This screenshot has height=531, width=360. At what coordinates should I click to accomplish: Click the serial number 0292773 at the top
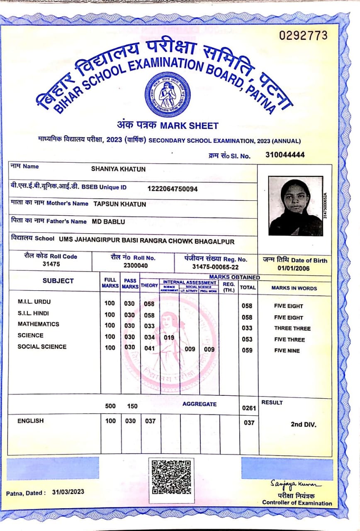tap(303, 36)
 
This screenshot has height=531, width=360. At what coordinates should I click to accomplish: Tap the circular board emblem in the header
tap(168, 95)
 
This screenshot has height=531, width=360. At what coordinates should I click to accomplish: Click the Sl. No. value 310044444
tap(285, 155)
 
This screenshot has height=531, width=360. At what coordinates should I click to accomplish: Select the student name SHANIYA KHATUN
tap(118, 169)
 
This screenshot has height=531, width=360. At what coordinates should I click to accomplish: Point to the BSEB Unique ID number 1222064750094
tap(173, 189)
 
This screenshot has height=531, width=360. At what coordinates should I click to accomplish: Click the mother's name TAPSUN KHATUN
tap(119, 204)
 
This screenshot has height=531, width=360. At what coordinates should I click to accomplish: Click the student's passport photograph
tap(295, 206)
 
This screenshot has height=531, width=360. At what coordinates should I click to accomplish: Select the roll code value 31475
tap(51, 264)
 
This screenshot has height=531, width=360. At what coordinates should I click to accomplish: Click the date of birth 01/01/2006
tap(294, 268)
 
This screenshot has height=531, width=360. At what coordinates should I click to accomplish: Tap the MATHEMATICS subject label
tap(38, 324)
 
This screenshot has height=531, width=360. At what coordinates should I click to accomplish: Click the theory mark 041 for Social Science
tap(149, 348)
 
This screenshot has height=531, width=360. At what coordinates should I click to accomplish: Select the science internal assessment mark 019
tap(169, 337)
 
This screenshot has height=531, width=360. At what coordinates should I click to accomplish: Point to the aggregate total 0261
tap(249, 408)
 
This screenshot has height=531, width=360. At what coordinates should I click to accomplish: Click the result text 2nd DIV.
tap(304, 424)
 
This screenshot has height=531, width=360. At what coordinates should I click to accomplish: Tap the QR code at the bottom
tap(171, 477)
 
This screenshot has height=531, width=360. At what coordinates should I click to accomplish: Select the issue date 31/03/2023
tap(68, 492)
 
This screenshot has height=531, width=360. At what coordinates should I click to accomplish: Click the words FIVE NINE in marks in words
tap(287, 351)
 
